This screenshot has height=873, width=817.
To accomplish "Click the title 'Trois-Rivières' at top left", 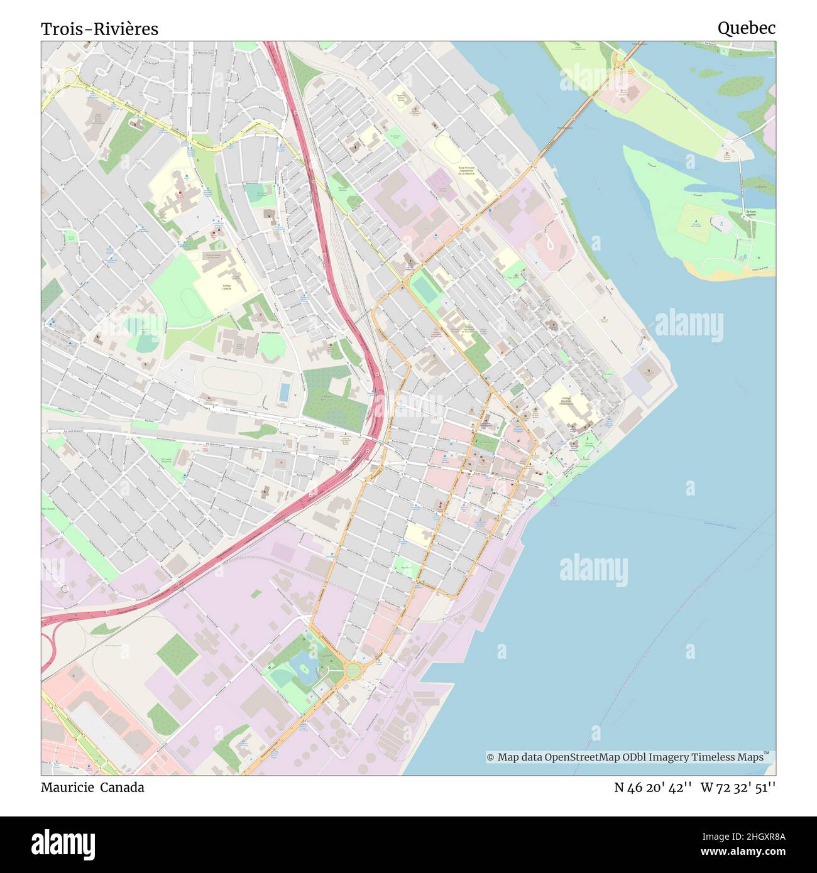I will pyautogui.click(x=99, y=29).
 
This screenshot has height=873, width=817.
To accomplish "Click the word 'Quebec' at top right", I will pyautogui.click(x=746, y=28).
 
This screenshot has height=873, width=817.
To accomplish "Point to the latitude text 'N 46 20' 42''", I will pyautogui.click(x=653, y=788).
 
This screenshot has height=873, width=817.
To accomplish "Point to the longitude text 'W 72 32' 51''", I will pyautogui.click(x=738, y=788).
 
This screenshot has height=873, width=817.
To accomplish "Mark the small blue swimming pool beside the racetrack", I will pyautogui.click(x=284, y=392).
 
